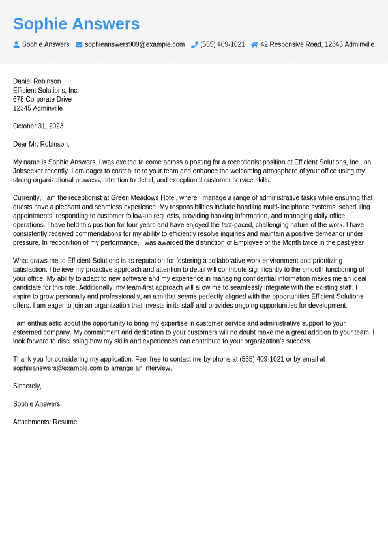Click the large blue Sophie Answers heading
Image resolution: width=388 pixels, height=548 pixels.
coord(76,24)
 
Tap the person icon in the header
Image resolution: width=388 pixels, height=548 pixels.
coord(16,44)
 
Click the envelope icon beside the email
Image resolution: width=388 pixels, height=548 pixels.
coord(79,44)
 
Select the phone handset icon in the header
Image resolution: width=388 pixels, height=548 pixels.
coord(194,44)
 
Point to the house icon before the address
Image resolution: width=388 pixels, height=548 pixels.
coord(254,44)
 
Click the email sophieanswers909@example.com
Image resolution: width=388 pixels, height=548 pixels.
coord(134,44)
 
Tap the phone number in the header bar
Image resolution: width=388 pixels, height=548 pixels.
coord(222,44)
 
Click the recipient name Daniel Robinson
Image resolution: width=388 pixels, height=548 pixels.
coord(37,81)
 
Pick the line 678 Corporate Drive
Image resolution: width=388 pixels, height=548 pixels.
coord(42,99)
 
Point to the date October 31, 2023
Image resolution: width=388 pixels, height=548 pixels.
coord(38,126)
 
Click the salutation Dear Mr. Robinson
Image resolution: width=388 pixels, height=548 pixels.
coord(41,144)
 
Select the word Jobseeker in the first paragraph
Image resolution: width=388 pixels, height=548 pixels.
coord(28,171)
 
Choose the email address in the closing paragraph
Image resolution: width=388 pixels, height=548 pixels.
coord(57,368)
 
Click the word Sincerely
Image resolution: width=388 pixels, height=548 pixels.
coord(27,386)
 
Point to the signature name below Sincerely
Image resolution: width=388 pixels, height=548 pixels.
coord(37,404)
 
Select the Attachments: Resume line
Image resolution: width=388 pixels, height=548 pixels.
coord(45,422)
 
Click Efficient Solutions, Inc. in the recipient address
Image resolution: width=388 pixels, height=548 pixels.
coord(46,91)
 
